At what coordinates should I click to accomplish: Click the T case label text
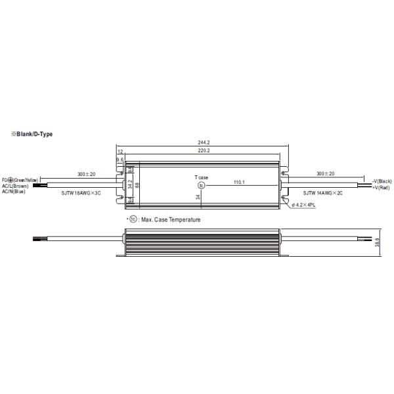tap(202, 177)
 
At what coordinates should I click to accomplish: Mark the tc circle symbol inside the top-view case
tap(202, 185)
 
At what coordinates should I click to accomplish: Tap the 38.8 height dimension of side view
tap(385, 242)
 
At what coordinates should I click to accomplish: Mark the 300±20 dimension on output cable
tap(326, 173)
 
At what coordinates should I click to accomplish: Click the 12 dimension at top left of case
tap(120, 151)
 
